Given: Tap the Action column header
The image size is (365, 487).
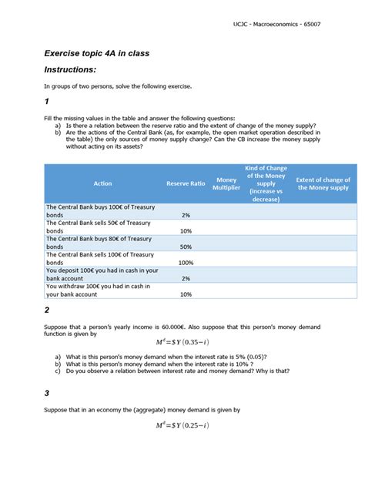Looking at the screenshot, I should coord(102,183).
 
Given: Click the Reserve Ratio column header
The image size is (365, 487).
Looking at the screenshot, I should coord(186,183).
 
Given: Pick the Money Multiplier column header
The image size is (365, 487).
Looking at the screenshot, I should coord(226,183).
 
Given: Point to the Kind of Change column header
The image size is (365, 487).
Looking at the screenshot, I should coord(266,183).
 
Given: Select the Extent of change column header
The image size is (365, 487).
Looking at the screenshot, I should coord(323,183).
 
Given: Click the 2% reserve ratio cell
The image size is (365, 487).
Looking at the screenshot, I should coord(186,215).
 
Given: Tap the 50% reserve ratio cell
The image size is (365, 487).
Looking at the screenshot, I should coord(186,247).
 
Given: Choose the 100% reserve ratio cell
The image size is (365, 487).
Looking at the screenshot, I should coord(186,263).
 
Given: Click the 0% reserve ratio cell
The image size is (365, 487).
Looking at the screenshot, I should coord(186,278).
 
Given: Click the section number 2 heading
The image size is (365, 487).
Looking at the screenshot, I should coord(47,310).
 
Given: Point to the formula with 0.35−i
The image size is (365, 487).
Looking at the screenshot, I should coord(182,341).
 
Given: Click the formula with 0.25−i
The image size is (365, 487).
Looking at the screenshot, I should coord(182,425).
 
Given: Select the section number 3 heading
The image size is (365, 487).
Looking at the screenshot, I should coord(47,393).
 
